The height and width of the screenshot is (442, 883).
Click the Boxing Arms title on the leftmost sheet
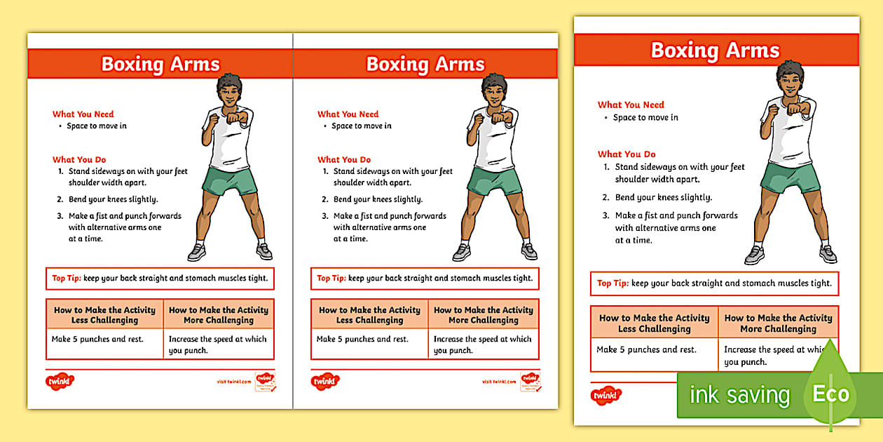(x=160, y=64)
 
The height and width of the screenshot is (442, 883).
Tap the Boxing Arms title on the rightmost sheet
(x=715, y=51)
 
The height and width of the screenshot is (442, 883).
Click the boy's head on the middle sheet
(x=495, y=89)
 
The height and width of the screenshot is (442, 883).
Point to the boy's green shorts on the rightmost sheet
(x=790, y=178)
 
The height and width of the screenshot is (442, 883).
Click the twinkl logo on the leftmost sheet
(x=60, y=382)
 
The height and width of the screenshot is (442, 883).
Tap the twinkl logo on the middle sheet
(x=325, y=382)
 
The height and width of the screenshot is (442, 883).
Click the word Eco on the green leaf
(x=830, y=394)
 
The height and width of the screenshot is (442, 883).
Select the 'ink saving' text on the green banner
(x=739, y=395)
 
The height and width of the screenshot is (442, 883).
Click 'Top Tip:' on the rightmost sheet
(x=612, y=283)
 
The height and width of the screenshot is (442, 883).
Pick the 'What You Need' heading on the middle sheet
(x=348, y=114)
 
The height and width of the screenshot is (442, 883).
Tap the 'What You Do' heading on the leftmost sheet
(x=79, y=160)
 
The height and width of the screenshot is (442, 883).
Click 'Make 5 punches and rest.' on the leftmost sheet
(x=97, y=340)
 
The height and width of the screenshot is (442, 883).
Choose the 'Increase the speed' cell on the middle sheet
(x=483, y=344)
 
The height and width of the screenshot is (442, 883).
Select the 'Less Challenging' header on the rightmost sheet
(x=655, y=323)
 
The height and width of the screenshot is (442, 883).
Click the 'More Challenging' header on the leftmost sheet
(x=219, y=315)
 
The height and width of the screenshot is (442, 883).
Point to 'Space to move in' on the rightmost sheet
(x=645, y=117)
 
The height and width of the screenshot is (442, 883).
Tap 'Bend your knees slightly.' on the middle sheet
(x=378, y=199)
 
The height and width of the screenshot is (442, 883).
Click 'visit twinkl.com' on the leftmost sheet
(x=234, y=382)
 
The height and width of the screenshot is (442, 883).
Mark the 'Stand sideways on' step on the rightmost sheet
(x=679, y=173)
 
